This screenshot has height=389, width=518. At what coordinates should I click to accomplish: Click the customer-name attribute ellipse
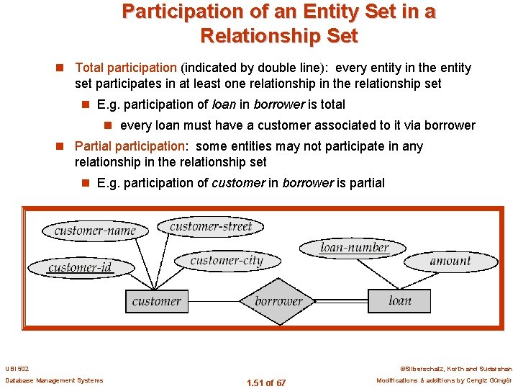[x=95, y=231]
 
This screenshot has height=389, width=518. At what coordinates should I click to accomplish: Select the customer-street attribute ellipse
[x=211, y=227]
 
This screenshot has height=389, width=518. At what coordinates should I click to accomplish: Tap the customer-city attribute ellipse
[x=227, y=261]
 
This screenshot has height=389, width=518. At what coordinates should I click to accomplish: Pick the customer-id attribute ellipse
[x=80, y=268]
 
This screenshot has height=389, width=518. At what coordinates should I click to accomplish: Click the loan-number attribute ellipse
[x=354, y=248]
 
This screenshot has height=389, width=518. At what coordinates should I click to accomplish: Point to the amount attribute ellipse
[x=450, y=261]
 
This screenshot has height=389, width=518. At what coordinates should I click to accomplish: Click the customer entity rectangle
[x=156, y=301]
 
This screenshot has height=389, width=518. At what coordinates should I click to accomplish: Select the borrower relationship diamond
[x=278, y=301]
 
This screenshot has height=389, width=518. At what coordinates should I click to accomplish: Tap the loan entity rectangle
[x=399, y=300]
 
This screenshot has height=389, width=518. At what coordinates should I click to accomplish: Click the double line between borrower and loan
[x=344, y=301]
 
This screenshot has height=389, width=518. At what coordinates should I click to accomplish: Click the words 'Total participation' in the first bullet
[x=127, y=68]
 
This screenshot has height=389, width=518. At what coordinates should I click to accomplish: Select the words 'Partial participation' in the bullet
[x=129, y=146]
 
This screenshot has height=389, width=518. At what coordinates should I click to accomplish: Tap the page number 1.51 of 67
[x=265, y=383]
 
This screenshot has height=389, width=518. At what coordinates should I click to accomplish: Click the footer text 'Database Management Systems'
[x=54, y=380]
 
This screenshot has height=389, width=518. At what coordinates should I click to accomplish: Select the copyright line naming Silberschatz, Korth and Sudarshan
[x=455, y=368]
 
